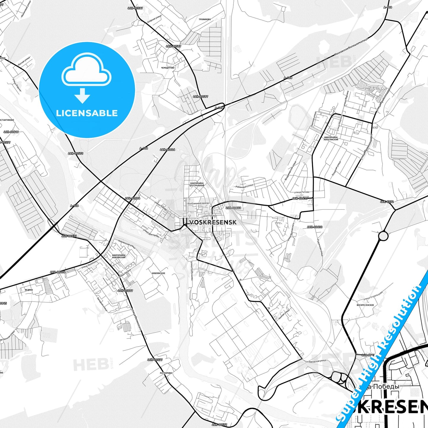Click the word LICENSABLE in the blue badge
(87, 113)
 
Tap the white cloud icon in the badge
(86, 70)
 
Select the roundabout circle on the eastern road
(383, 236)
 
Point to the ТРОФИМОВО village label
(205, 20)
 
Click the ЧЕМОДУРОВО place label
(168, 68)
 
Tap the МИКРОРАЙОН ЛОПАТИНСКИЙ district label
(331, 138)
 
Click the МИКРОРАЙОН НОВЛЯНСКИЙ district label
(119, 256)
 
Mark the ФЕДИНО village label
(29, 290)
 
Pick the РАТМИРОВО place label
(166, 373)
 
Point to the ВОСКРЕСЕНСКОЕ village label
(365, 305)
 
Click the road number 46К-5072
(387, 202)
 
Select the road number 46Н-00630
(315, 227)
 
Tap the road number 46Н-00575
(76, 153)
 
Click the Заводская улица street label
(317, 361)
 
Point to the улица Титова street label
(302, 192)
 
